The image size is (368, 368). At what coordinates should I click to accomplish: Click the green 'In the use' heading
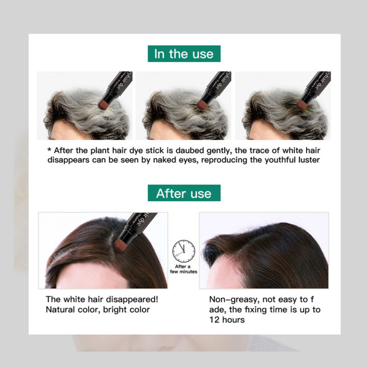tap(184, 54)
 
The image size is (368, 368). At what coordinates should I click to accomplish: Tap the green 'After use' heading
tap(184, 193)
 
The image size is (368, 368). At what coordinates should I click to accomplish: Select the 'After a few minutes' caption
tap(183, 269)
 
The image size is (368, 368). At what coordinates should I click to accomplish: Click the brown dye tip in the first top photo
tap(104, 104)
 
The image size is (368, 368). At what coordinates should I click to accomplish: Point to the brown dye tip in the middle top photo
tap(203, 104)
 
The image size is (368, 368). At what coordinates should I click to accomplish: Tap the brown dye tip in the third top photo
tap(302, 104)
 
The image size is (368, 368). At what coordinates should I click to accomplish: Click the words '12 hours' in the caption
tap(227, 320)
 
